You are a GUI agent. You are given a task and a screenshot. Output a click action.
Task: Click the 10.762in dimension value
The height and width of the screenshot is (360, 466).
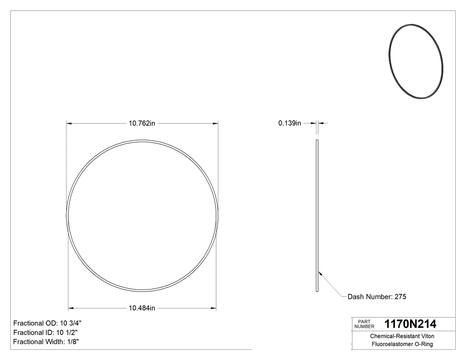[x=142, y=123]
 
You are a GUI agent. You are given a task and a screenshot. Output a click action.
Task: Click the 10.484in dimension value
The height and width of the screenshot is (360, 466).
[x=142, y=308]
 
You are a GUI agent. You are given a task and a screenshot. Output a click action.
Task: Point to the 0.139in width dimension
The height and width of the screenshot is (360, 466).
[x=289, y=123]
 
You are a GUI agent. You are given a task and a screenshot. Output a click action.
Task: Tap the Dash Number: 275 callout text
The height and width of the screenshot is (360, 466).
[x=377, y=297]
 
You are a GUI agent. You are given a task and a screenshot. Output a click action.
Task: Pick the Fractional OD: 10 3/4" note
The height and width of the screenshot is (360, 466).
[x=47, y=323]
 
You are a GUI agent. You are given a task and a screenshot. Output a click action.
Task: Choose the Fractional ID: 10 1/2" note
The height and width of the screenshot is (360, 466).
[x=47, y=332]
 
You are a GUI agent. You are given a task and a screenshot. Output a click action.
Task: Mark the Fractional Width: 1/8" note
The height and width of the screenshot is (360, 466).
[x=46, y=342]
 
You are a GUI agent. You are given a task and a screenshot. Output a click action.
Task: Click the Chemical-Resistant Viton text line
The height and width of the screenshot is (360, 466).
[x=402, y=336]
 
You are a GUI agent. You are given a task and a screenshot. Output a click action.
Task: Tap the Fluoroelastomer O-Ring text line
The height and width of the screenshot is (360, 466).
[x=402, y=344]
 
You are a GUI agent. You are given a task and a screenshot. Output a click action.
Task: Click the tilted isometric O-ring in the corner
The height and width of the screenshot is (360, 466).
[x=415, y=62]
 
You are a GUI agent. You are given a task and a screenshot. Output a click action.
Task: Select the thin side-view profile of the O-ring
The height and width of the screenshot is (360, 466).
[x=317, y=216]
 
